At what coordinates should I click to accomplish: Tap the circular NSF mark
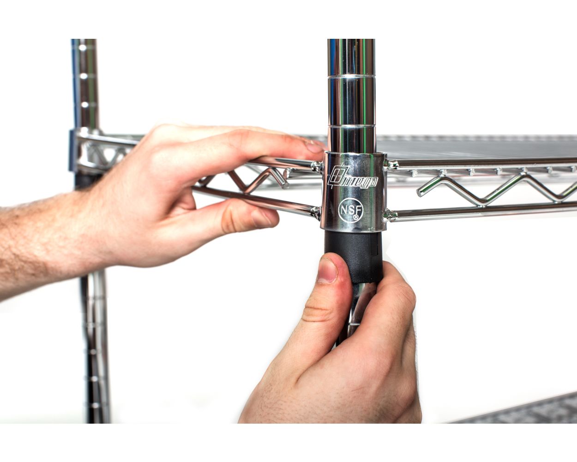pos(349,209)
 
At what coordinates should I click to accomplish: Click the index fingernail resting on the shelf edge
pos(314,147)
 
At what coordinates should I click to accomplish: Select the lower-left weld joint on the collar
pos(316,213)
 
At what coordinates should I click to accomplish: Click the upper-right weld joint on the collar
pos(392,164)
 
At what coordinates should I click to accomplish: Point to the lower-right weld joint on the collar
pos(391,215)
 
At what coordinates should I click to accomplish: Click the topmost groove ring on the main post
pos(351,75)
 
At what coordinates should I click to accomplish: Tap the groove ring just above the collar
pos(350,124)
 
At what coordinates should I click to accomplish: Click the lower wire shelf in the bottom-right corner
pos(531,411)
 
